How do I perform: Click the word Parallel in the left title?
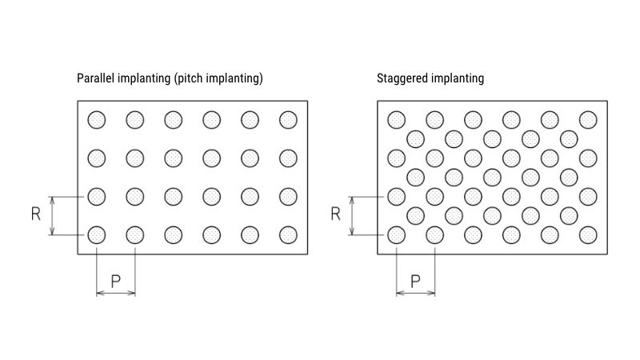[x=94, y=78]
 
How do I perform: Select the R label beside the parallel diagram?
[x=36, y=214]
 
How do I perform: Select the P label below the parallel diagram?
[x=115, y=281]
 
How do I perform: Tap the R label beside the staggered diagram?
[x=336, y=214]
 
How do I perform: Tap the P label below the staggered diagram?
[x=415, y=281]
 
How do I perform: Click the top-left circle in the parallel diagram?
[x=97, y=120]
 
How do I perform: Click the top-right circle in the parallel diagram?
[x=288, y=120]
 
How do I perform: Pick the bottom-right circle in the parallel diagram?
[x=288, y=234]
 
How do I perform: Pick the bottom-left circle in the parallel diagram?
[x=97, y=234]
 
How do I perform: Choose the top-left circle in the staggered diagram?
[x=397, y=120]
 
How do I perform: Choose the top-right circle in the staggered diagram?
[x=588, y=120]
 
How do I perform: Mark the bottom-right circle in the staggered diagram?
[x=588, y=234]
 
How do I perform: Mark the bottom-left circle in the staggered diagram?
[x=397, y=234]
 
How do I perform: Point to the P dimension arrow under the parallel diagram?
[x=115, y=294]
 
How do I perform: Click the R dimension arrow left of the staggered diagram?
[x=352, y=215]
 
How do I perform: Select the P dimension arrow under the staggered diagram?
[x=415, y=294]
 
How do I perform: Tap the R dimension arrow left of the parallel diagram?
[x=52, y=215]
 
